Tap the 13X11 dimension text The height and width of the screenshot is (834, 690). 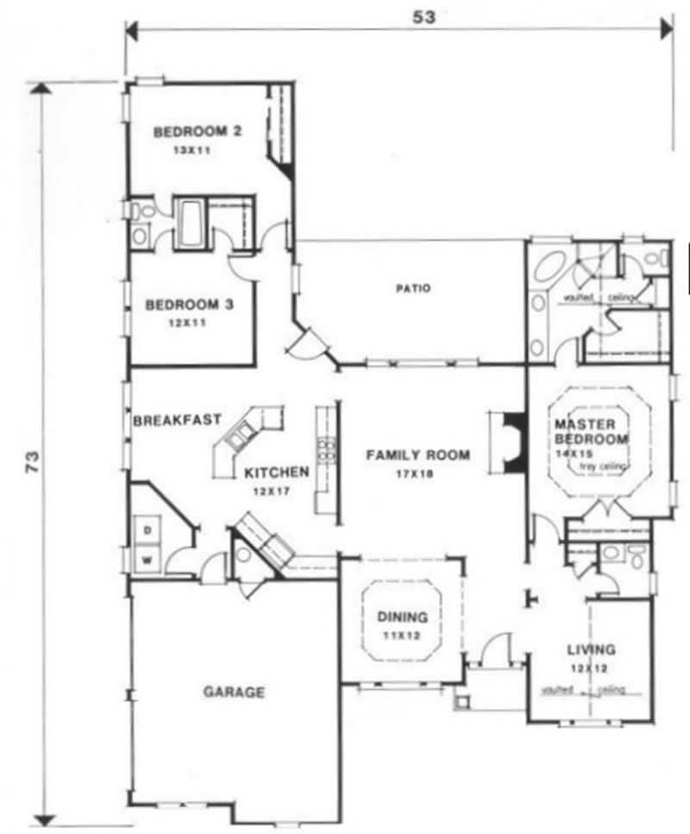tap(194, 149)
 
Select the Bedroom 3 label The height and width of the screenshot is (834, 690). tap(188, 304)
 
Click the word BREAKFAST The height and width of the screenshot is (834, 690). tap(177, 421)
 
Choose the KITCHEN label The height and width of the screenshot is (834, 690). tap(276, 473)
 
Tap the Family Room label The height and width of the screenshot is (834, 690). tap(417, 455)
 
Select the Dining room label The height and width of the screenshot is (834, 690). tap(403, 617)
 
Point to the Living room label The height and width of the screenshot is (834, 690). tap(591, 649)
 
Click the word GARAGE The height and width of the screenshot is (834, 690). tap(234, 692)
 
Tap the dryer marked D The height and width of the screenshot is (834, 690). tap(147, 527)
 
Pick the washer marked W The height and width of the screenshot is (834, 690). tap(147, 558)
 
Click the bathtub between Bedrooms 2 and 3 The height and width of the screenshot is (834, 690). tap(191, 224)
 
